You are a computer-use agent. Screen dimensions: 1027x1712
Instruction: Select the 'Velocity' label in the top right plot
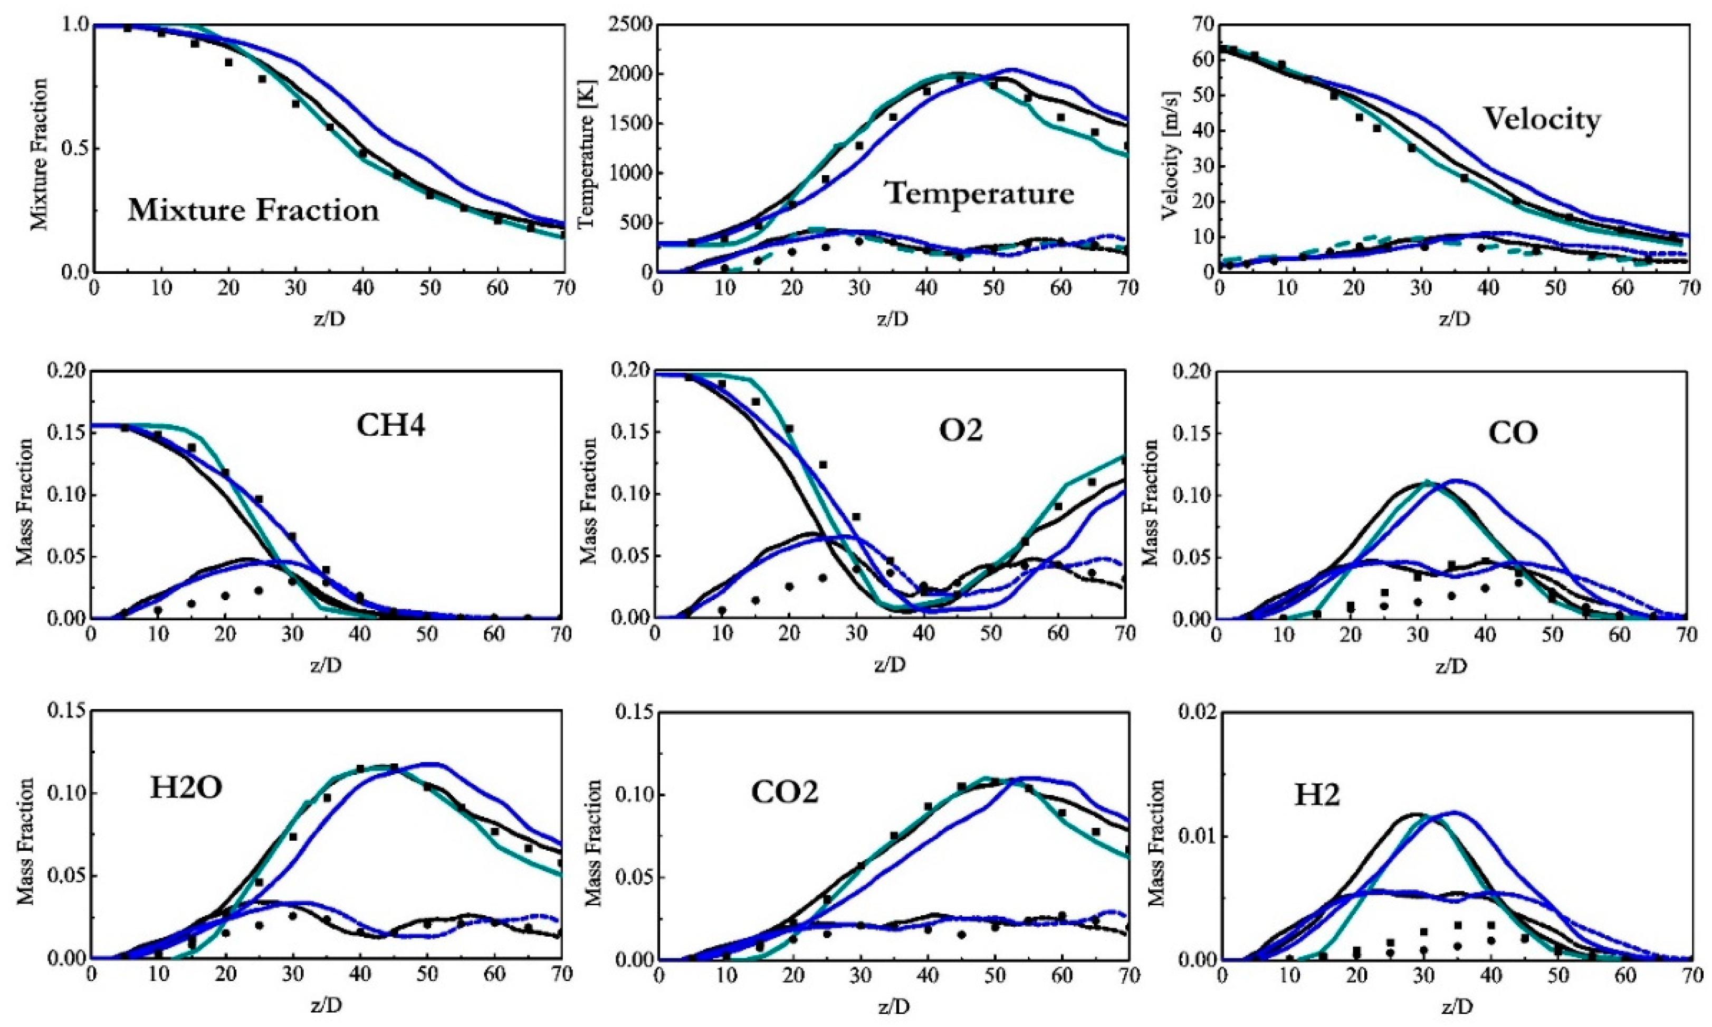(1542, 120)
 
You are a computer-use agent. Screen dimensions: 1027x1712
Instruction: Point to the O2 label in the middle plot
(961, 430)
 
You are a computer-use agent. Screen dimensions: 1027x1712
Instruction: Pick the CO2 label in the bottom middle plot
(785, 792)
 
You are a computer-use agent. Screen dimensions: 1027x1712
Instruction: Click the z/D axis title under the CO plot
(1451, 666)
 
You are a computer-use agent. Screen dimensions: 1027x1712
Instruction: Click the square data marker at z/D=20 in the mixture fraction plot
(228, 62)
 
